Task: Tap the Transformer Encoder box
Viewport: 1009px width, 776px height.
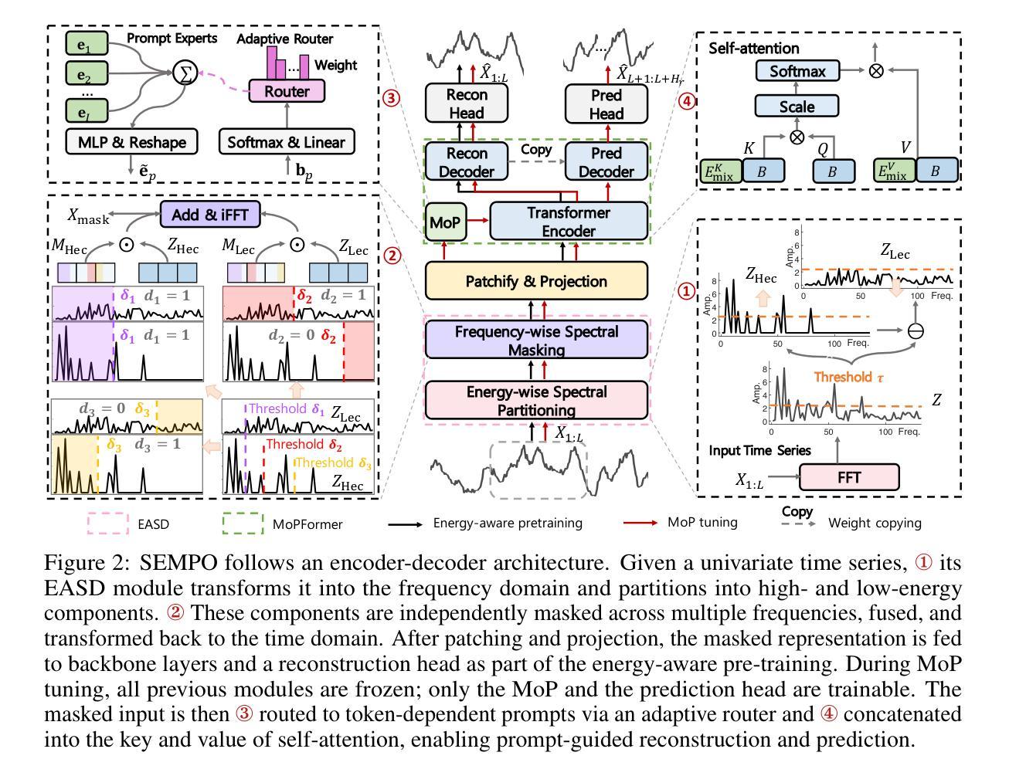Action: coord(568,222)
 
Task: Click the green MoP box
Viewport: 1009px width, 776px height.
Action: coord(444,222)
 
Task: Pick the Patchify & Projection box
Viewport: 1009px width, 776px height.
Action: coord(536,281)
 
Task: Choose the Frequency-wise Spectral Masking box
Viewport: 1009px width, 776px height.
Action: coord(536,341)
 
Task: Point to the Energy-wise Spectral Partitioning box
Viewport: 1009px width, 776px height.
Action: coord(536,401)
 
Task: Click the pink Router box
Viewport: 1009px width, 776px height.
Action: coord(287,92)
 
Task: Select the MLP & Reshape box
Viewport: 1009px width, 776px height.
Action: coord(131,142)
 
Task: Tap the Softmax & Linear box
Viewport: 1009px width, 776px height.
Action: coord(287,142)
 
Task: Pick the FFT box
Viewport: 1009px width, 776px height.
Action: coord(848,477)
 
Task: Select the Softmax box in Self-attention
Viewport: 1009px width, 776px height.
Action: coord(797,72)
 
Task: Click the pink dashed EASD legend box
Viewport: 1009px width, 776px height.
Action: coord(107,524)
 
